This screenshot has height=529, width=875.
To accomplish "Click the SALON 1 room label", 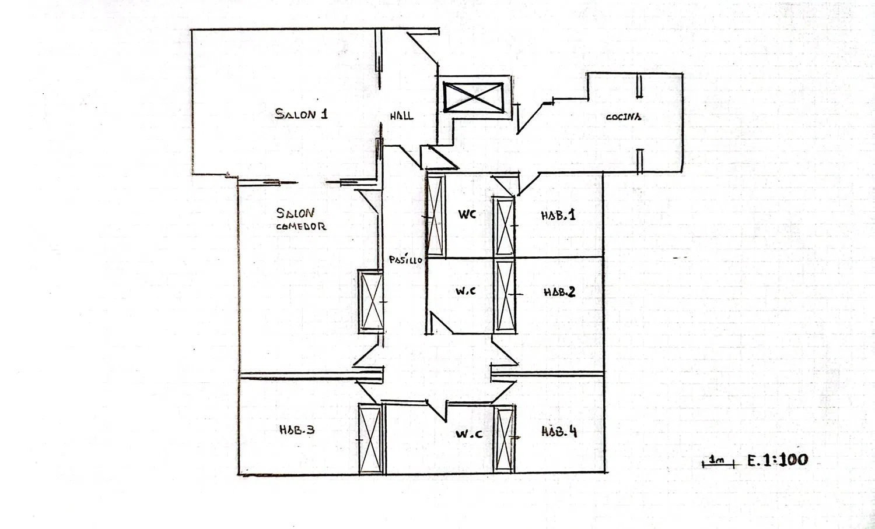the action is click(x=301, y=114).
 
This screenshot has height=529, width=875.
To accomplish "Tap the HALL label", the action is click(x=401, y=116).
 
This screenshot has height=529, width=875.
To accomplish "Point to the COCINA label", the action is click(x=623, y=117).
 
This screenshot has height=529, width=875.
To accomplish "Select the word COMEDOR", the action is click(x=301, y=226).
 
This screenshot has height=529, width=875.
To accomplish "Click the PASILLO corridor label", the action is click(x=405, y=260).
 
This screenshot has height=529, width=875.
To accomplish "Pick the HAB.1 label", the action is click(x=558, y=215).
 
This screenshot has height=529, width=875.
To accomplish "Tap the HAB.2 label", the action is click(x=559, y=292).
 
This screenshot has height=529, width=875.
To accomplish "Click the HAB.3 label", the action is click(x=297, y=429).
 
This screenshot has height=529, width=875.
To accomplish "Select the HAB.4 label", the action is click(x=559, y=431).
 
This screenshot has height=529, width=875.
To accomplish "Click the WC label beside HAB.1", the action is click(x=467, y=214).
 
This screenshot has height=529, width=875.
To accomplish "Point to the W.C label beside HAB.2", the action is click(x=466, y=291).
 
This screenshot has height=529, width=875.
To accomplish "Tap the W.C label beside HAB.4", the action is click(x=469, y=433).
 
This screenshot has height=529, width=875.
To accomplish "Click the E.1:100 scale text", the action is click(x=778, y=460).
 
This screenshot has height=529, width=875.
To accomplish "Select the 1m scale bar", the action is click(x=718, y=464).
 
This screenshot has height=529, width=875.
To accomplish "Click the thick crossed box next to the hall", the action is click(x=473, y=97).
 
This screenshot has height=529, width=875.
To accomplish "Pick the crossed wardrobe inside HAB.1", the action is click(x=505, y=226).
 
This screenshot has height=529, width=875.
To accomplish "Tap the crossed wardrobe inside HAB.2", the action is click(x=505, y=297).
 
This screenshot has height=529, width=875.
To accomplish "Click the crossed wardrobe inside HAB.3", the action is click(x=370, y=439).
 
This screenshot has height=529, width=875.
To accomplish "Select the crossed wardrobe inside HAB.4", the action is click(x=505, y=439).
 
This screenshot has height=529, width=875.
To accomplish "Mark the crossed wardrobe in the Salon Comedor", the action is click(x=370, y=302).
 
